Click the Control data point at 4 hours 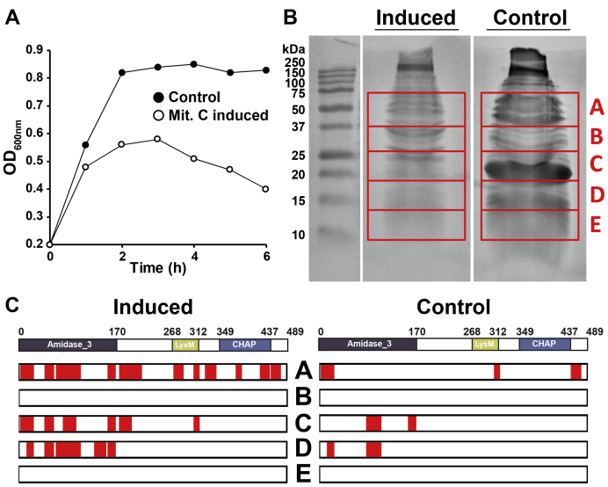pyautogui.click(x=192, y=64)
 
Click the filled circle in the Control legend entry pyautogui.click(x=158, y=98)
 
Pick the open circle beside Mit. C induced pyautogui.click(x=158, y=115)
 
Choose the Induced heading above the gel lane pyautogui.click(x=413, y=18)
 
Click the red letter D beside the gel pyautogui.click(x=597, y=193)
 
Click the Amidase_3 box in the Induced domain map pyautogui.click(x=67, y=345)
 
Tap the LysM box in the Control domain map pyautogui.click(x=484, y=345)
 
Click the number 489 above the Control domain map pyautogui.click(x=595, y=331)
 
